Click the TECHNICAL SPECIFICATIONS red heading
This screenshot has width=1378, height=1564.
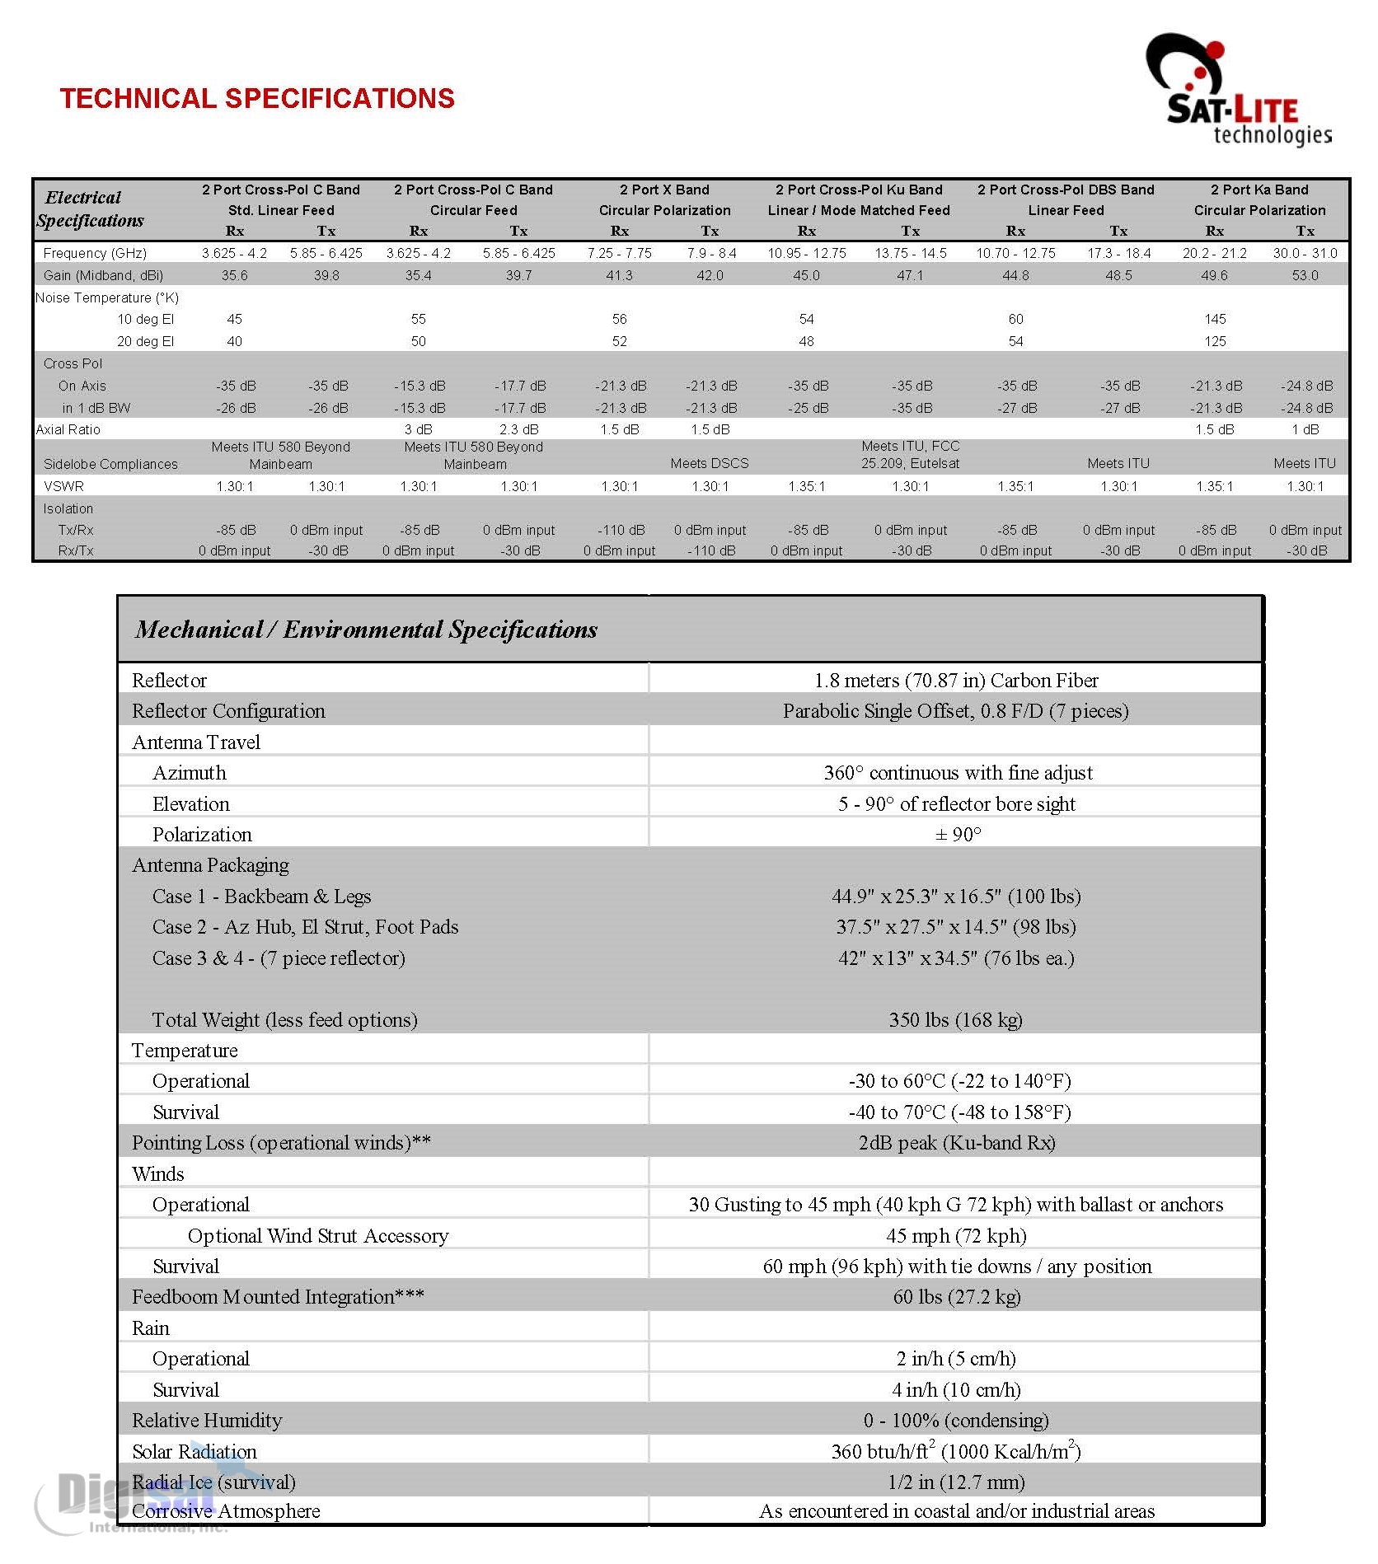(x=257, y=99)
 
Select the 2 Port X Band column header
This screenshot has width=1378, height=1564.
(x=664, y=190)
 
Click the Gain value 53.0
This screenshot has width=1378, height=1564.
(x=1305, y=275)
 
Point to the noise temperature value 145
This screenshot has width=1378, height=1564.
(x=1215, y=319)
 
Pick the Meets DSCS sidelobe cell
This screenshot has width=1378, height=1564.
(x=710, y=463)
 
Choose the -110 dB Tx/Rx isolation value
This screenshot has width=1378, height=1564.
(x=621, y=530)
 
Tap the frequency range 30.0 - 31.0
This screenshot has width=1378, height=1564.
(x=1305, y=253)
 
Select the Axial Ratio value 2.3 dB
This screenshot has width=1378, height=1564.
(x=518, y=429)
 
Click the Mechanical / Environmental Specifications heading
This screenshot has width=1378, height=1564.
(x=367, y=630)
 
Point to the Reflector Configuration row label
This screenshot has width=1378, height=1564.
(x=228, y=711)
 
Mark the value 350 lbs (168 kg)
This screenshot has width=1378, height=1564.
(x=955, y=1020)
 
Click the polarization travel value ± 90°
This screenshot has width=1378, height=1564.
(x=958, y=835)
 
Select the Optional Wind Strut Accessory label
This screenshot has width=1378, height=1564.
(x=318, y=1236)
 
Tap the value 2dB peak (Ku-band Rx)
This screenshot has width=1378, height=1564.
(x=956, y=1143)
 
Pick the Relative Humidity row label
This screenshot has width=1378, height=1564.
(x=207, y=1421)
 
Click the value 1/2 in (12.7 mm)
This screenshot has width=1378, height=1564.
(x=956, y=1482)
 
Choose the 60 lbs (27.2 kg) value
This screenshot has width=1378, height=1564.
(x=956, y=1297)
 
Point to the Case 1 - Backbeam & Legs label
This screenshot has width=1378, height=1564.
(x=261, y=897)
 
